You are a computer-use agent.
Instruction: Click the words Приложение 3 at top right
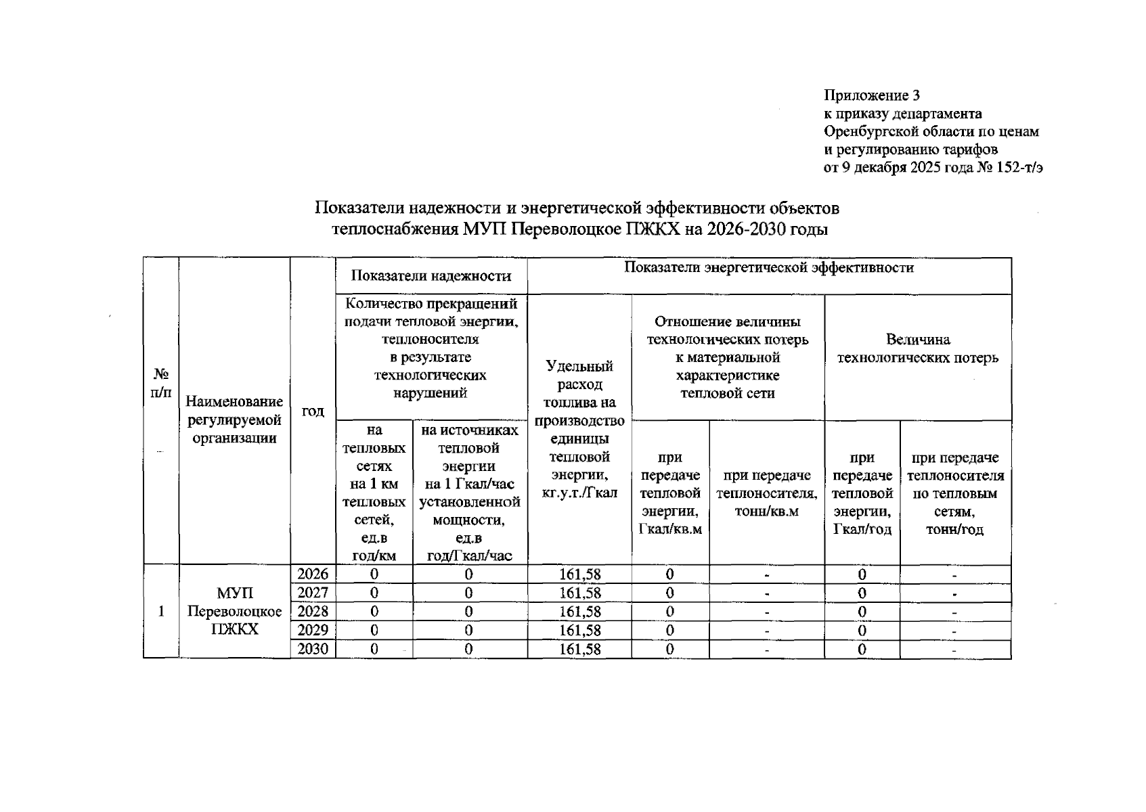click(x=871, y=95)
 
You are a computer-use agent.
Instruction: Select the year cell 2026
click(x=313, y=574)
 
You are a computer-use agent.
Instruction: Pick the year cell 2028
click(x=313, y=612)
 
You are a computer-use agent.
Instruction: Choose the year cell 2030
click(x=313, y=649)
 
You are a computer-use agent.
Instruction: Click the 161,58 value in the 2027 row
click(x=579, y=593)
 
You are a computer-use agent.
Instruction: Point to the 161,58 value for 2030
click(x=579, y=649)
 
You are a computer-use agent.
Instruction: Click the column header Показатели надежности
click(x=431, y=275)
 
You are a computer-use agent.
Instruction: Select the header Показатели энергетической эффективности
click(x=768, y=268)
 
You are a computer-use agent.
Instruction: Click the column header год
click(x=313, y=411)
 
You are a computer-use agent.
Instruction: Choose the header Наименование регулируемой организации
click(x=234, y=420)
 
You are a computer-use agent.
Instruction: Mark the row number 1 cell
click(x=160, y=612)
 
